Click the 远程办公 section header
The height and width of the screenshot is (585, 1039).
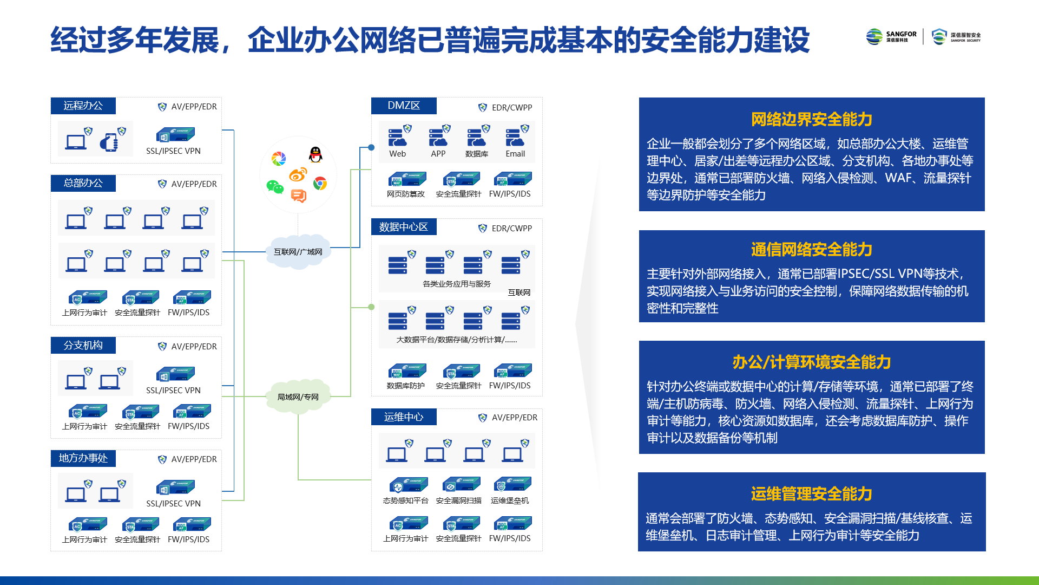83,106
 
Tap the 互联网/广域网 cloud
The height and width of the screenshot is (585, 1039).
298,252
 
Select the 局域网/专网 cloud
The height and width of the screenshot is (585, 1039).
298,397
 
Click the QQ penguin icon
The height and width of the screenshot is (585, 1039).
315,155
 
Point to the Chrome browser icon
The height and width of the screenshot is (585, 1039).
320,184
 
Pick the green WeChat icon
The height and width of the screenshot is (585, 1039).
275,187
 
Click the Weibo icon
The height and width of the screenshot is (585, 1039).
298,174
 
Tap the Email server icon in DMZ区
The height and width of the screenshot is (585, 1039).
515,138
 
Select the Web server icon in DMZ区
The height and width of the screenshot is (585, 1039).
397,138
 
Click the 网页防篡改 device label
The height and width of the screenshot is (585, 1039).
406,194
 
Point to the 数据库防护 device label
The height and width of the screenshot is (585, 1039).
406,386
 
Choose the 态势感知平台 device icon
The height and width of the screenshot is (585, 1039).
409,484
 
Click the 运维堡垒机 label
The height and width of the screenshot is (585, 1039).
510,500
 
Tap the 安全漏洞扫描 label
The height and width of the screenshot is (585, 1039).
459,500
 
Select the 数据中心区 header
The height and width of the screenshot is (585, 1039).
404,227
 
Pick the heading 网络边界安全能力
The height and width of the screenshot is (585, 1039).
812,119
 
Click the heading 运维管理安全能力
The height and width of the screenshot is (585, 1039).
812,494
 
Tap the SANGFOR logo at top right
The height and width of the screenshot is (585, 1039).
891,36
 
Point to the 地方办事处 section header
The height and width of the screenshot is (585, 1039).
83,458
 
